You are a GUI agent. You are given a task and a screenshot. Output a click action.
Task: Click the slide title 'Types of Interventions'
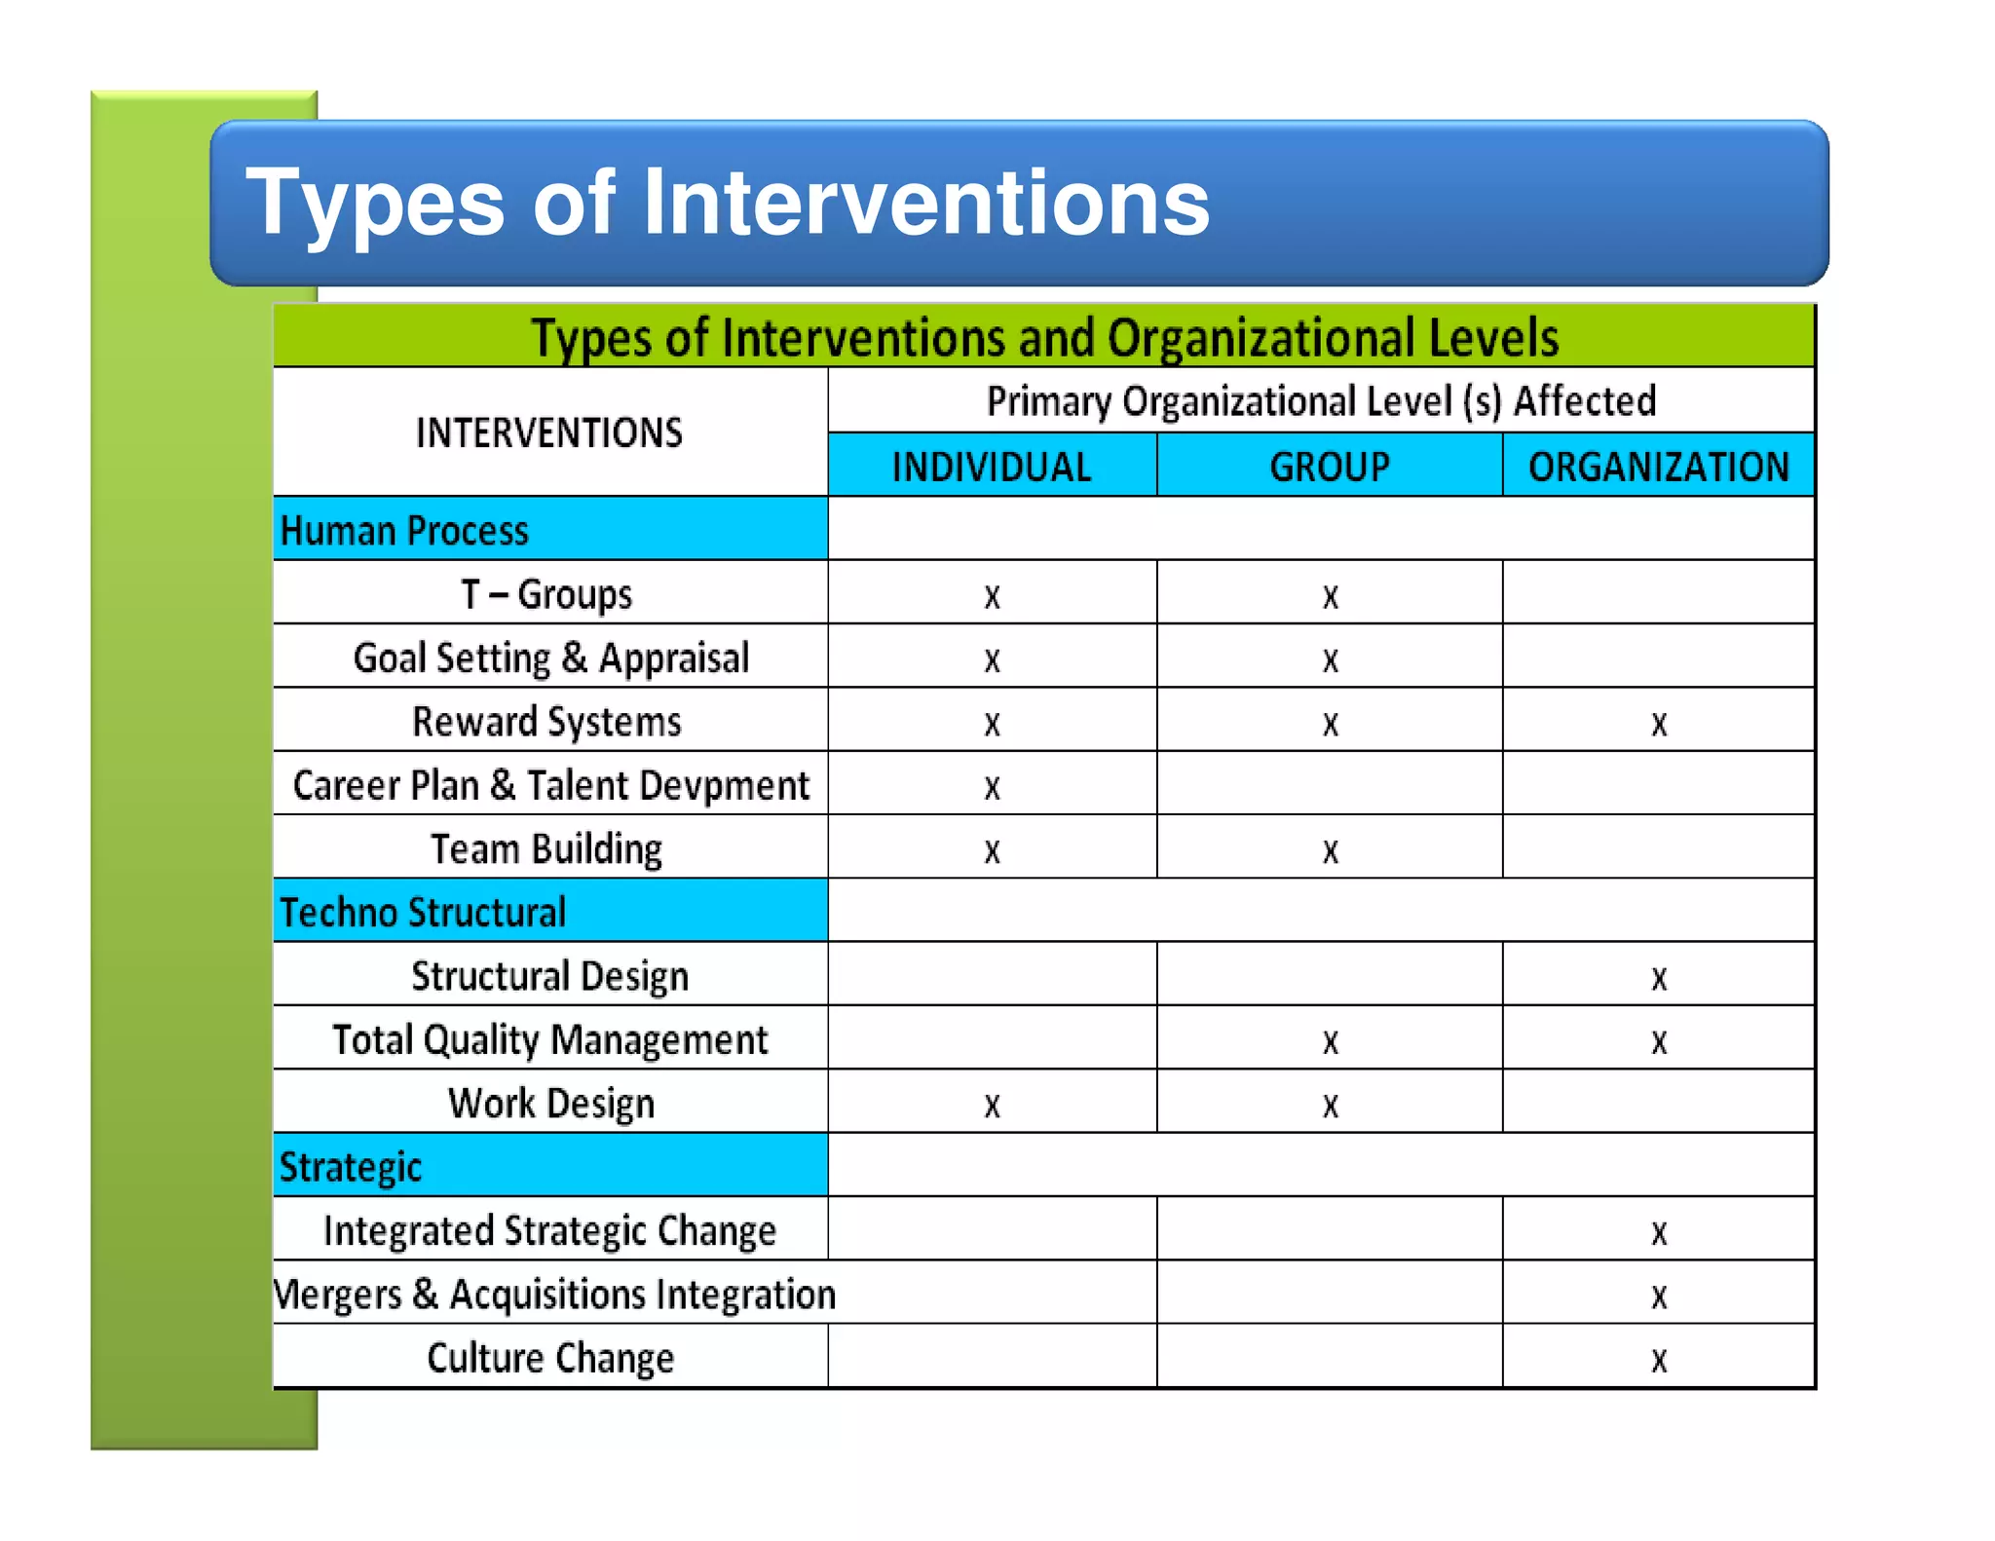pos(727,202)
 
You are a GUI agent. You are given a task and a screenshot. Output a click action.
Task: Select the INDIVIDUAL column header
pos(992,467)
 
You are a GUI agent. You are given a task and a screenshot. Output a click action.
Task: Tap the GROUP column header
pos(1330,467)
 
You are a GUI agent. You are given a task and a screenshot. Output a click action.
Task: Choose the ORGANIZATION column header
pos(1658,467)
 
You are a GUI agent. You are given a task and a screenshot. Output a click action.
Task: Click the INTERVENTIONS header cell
pos(549,432)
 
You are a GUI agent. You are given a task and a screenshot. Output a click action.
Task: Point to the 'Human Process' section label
pos(404,531)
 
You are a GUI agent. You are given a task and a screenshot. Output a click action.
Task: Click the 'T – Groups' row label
pos(546,594)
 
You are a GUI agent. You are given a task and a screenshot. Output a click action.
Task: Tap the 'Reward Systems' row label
pos(546,722)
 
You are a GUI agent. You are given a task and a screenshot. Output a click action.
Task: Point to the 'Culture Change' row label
pos(550,1358)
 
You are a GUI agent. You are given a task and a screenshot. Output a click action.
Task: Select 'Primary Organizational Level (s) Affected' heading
pos(1321,401)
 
